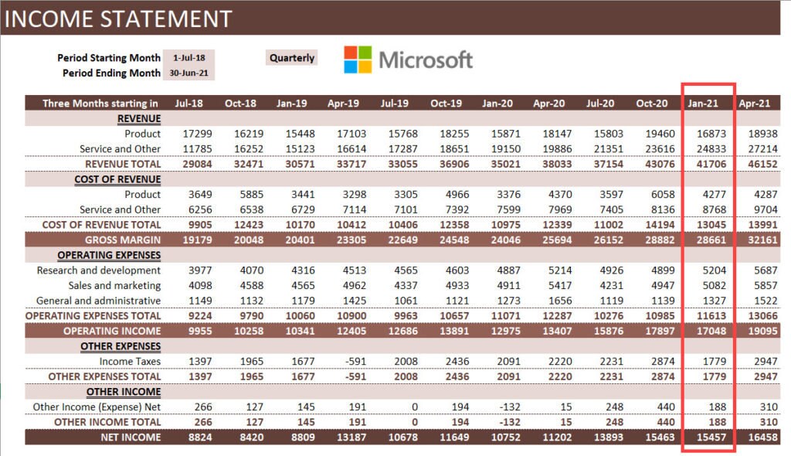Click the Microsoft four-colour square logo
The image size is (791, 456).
click(x=358, y=60)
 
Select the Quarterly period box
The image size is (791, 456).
click(x=292, y=58)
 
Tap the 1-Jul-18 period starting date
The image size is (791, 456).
click(x=189, y=58)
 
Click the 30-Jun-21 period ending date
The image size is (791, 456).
click(x=189, y=73)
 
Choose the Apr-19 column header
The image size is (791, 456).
click(x=343, y=103)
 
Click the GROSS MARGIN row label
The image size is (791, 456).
click(x=123, y=240)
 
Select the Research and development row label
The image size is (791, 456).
click(x=99, y=271)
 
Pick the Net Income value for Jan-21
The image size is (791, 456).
click(x=707, y=437)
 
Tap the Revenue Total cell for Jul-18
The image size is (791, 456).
click(x=189, y=164)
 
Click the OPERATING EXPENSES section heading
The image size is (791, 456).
click(x=109, y=255)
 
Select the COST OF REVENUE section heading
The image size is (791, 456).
click(x=117, y=179)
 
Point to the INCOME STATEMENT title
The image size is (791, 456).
click(x=117, y=19)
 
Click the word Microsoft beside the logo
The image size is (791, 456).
click(x=426, y=60)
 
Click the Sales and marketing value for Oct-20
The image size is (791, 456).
click(x=651, y=286)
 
